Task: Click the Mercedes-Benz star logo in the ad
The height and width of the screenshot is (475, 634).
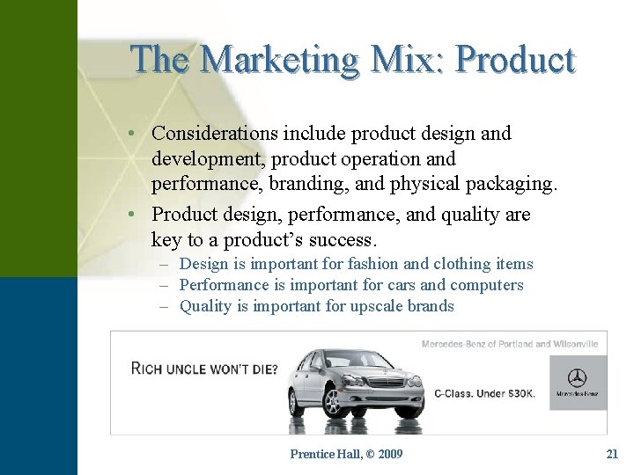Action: (578, 378)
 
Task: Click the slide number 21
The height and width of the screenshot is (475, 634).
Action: (612, 454)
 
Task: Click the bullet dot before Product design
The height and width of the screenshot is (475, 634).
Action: (129, 215)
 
